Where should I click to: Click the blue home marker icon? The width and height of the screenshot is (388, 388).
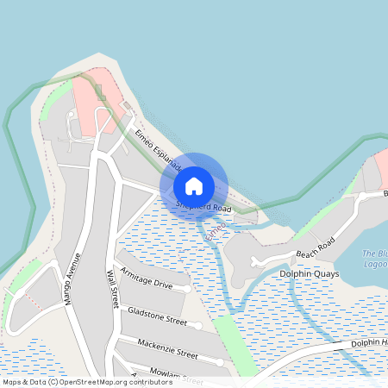click(194, 185)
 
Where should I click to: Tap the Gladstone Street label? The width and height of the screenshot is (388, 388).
click(156, 316)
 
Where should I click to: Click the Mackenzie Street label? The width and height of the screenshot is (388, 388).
click(162, 347)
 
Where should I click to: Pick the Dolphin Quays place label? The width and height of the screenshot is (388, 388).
click(310, 274)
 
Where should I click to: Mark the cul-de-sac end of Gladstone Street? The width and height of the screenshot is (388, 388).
click(197, 326)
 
